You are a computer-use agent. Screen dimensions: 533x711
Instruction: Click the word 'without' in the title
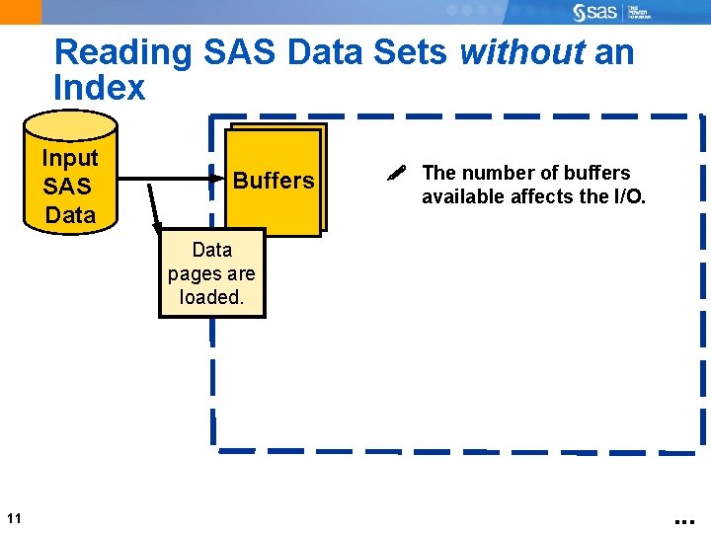tap(522, 52)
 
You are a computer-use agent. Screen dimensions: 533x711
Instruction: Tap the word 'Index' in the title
tap(100, 88)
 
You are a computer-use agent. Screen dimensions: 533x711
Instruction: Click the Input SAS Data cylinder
tap(70, 173)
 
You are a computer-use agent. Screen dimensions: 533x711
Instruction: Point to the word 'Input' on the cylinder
tap(70, 158)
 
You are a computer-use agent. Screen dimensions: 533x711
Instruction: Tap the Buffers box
tap(274, 181)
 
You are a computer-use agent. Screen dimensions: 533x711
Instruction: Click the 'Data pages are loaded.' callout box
tap(212, 273)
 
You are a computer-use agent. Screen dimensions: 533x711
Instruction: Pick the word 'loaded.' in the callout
tap(211, 297)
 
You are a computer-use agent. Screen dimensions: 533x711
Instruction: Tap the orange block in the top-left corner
tap(21, 12)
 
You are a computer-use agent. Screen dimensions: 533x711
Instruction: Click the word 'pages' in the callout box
tap(211, 273)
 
